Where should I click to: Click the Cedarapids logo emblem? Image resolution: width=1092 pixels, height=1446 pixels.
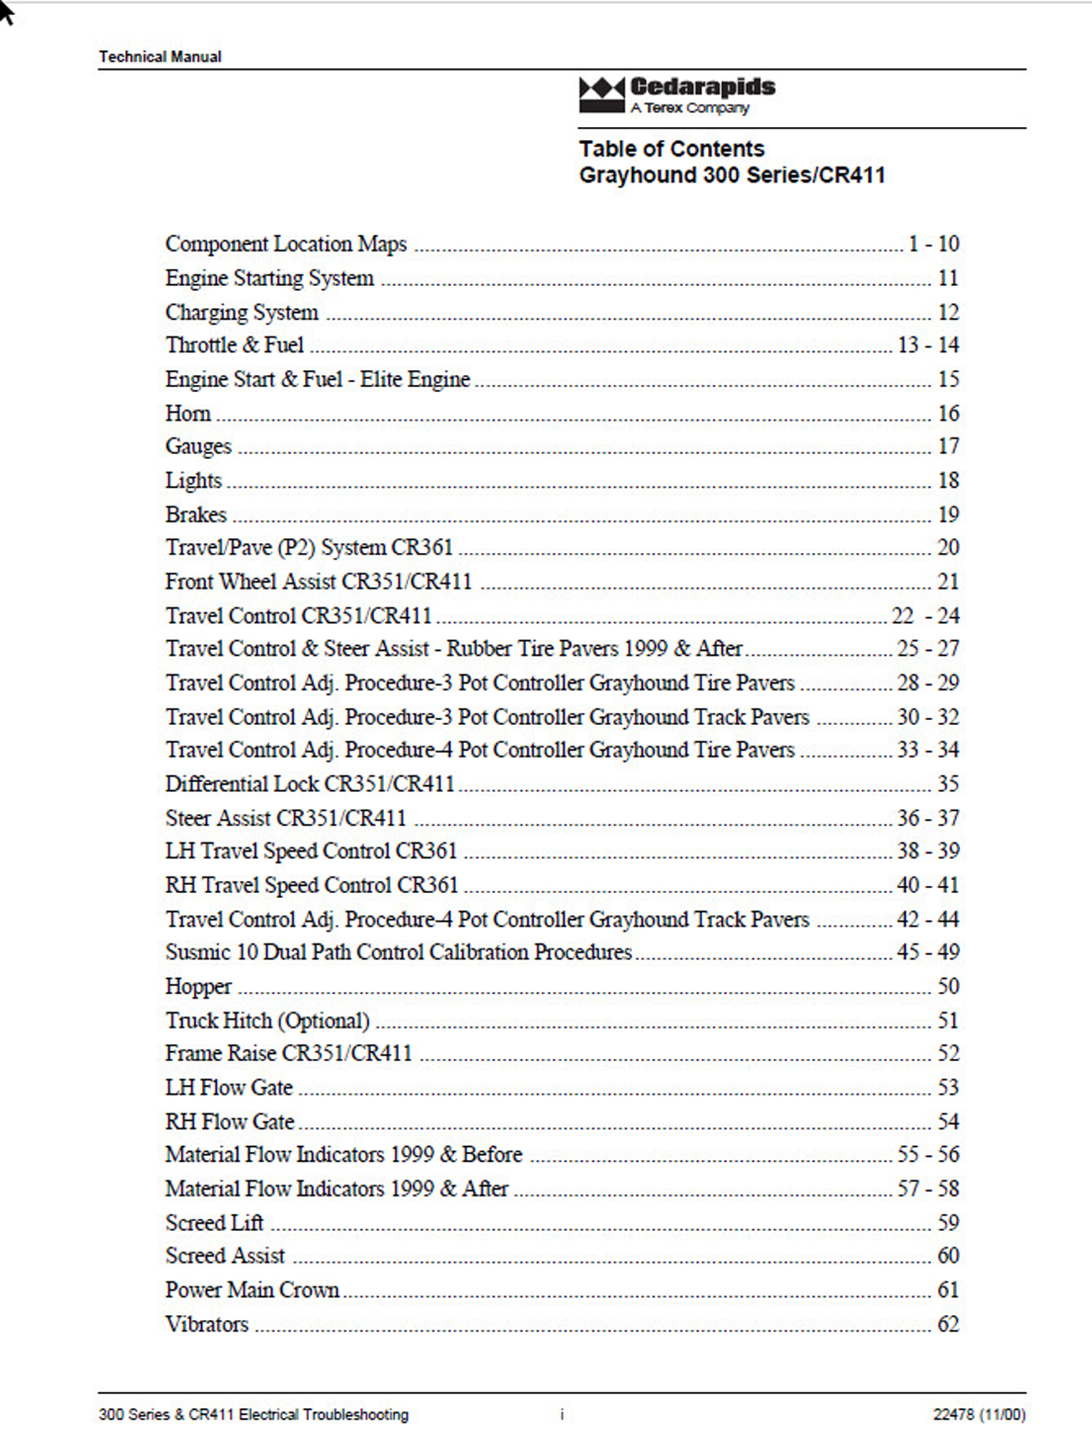click(x=602, y=96)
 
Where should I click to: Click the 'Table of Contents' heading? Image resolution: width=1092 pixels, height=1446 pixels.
click(x=672, y=149)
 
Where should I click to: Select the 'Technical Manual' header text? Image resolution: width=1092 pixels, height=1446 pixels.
click(x=160, y=57)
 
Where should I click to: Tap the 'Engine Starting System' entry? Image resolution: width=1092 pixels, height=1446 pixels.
click(x=269, y=278)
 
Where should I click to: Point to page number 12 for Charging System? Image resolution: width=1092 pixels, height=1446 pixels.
click(x=948, y=312)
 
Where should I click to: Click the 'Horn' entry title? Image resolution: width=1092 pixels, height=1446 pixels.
click(x=188, y=413)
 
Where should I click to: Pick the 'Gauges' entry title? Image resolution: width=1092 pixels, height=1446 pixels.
click(x=198, y=446)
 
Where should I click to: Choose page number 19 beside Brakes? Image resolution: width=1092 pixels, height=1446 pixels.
click(x=948, y=515)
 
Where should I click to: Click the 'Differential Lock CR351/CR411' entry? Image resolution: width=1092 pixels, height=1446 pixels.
click(x=309, y=784)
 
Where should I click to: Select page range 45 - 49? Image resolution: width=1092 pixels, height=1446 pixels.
click(x=928, y=952)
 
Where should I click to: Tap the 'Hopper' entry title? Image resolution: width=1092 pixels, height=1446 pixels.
click(x=198, y=986)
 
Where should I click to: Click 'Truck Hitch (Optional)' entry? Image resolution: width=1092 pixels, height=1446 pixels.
click(x=267, y=1021)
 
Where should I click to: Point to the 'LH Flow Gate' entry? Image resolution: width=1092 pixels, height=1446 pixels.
click(x=229, y=1087)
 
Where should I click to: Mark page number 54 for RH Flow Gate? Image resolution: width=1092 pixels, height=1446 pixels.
click(x=948, y=1122)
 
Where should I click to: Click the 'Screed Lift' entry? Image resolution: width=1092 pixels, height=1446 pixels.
click(x=214, y=1222)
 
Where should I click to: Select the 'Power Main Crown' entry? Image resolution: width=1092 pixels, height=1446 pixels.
click(x=252, y=1290)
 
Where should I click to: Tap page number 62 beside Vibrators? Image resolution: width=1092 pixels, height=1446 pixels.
click(x=948, y=1324)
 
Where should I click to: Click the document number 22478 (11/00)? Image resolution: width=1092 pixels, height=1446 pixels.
click(x=979, y=1415)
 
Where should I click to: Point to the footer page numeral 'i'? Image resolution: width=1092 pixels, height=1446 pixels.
click(x=562, y=1415)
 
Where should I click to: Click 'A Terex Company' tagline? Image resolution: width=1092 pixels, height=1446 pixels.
click(x=689, y=108)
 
